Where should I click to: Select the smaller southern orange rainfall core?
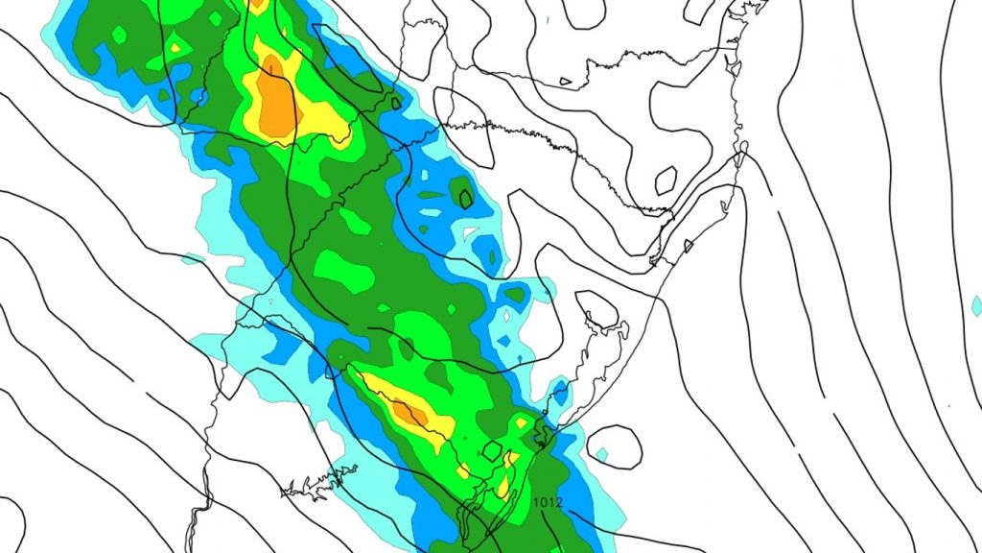tap(410, 413)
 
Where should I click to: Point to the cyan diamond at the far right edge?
tap(976, 306)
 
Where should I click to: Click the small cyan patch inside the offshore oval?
tap(601, 453)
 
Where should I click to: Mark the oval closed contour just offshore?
tap(614, 447)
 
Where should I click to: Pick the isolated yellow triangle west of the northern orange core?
tap(175, 44)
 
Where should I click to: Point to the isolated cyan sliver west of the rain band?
tap(193, 258)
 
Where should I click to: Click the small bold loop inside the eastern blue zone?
tap(466, 199)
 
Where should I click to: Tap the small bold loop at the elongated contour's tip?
tap(395, 103)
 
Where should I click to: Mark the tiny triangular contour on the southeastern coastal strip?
tap(688, 246)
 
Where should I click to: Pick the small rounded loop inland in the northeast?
tap(666, 178)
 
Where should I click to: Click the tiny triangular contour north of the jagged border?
tap(565, 82)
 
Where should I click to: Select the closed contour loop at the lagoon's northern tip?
tap(596, 309)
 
